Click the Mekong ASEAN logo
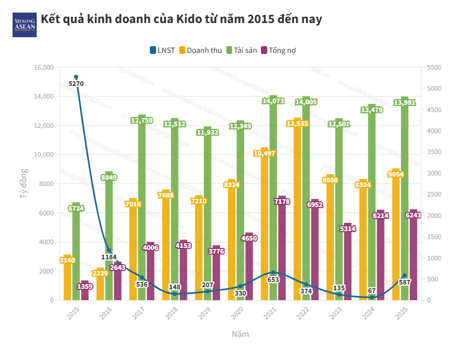click(x=25, y=25)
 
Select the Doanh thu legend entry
click(x=201, y=50)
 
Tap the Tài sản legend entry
click(x=242, y=50)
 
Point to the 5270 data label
click(x=76, y=83)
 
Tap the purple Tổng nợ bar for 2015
click(x=84, y=293)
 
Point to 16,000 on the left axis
click(x=44, y=68)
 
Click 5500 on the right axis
click(x=435, y=68)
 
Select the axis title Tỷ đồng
click(x=24, y=183)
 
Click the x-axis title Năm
click(x=240, y=334)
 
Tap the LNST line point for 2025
click(x=404, y=276)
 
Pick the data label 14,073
click(x=273, y=102)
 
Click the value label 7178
click(x=282, y=202)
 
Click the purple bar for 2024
click(x=380, y=257)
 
